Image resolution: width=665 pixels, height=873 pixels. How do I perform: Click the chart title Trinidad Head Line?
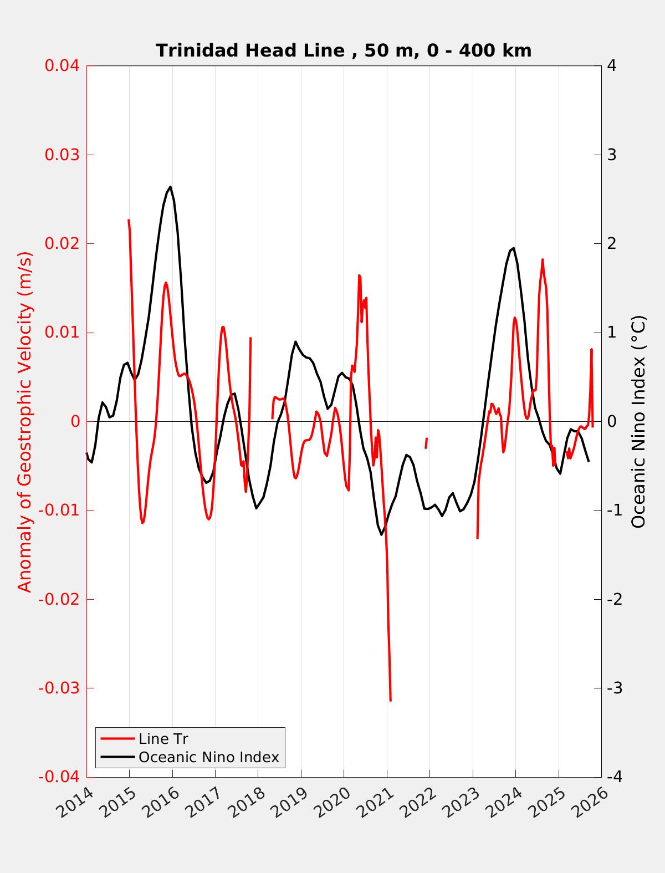click(x=344, y=50)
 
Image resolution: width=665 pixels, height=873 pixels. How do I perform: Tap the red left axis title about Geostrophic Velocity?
click(x=25, y=421)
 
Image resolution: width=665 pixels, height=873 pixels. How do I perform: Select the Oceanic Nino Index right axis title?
click(x=638, y=421)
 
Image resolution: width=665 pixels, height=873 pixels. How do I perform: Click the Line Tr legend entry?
click(x=163, y=739)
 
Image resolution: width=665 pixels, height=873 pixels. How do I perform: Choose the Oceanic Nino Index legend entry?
click(x=208, y=757)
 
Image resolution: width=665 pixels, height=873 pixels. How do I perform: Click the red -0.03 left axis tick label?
click(x=59, y=688)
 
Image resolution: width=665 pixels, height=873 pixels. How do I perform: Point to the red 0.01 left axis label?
click(x=62, y=333)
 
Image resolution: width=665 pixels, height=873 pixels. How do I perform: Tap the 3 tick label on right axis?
click(x=612, y=155)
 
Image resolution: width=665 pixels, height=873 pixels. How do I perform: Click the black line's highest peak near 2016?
click(x=170, y=187)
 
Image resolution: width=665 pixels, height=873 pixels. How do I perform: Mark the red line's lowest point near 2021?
click(x=390, y=700)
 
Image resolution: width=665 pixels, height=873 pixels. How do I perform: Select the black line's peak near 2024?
click(x=514, y=248)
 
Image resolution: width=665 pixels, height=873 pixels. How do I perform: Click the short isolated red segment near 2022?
click(x=426, y=443)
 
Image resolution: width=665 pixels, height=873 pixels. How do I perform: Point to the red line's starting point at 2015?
click(x=129, y=221)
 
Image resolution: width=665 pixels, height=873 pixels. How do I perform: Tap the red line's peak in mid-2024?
click(x=543, y=260)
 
